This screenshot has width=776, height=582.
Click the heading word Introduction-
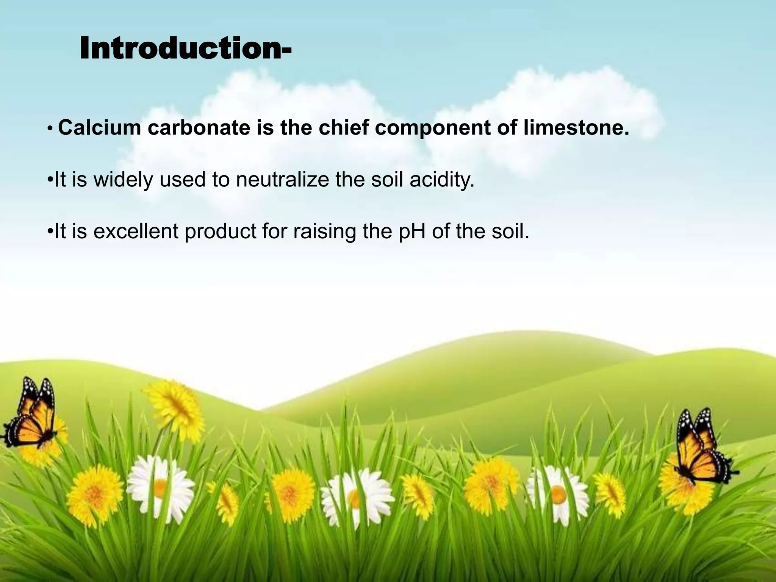186,48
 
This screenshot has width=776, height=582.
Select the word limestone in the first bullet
576,128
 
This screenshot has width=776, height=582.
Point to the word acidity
442,180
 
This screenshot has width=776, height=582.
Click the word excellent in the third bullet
136,231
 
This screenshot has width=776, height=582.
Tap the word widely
123,180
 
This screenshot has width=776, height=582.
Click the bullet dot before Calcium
50,129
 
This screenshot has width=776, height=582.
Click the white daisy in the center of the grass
356,496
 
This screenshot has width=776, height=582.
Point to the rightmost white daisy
557,493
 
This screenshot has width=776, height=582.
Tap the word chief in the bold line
343,128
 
